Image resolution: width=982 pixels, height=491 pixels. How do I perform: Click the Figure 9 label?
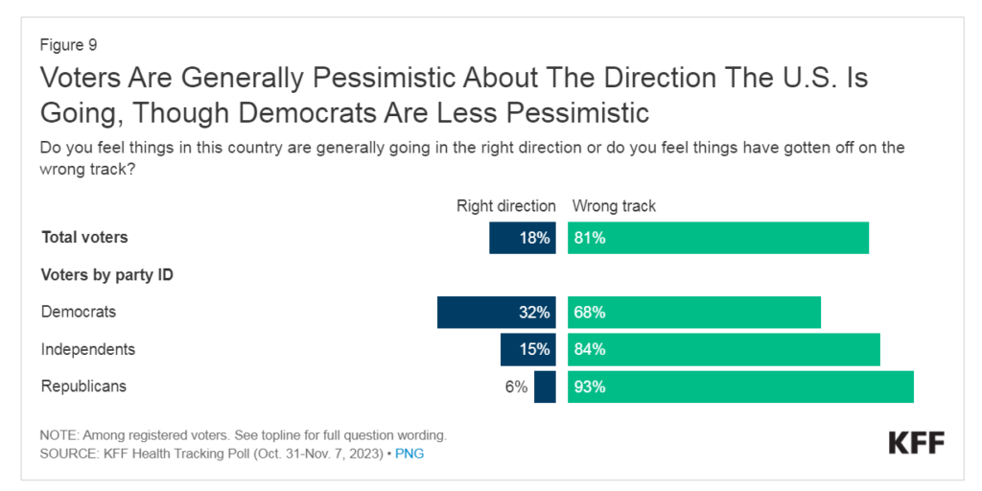(68, 44)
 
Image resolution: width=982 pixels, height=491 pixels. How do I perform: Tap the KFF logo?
(916, 443)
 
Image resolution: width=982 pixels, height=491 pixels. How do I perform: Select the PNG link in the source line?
(410, 454)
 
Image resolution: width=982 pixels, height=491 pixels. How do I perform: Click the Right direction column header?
(505, 205)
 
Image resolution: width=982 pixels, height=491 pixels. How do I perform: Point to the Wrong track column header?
(614, 205)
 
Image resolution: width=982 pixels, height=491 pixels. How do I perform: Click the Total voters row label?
(84, 237)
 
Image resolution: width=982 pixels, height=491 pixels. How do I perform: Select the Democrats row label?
(78, 312)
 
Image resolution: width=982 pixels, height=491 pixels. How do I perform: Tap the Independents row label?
(87, 349)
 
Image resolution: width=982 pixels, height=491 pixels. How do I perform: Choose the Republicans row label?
(83, 386)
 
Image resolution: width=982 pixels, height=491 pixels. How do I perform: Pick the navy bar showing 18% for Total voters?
(522, 238)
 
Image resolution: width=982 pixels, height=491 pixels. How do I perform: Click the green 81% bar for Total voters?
(717, 238)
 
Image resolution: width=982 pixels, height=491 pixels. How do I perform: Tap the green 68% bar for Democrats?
(693, 313)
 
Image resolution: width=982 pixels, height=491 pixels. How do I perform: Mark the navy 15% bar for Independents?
(527, 350)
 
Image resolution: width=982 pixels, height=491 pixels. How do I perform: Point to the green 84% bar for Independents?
(723, 350)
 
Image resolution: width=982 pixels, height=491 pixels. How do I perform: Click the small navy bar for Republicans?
(545, 387)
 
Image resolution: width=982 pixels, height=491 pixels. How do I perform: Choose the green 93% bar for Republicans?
(740, 387)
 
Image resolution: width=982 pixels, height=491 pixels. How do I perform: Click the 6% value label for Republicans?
(516, 387)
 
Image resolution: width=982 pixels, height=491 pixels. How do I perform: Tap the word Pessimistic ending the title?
(565, 112)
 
